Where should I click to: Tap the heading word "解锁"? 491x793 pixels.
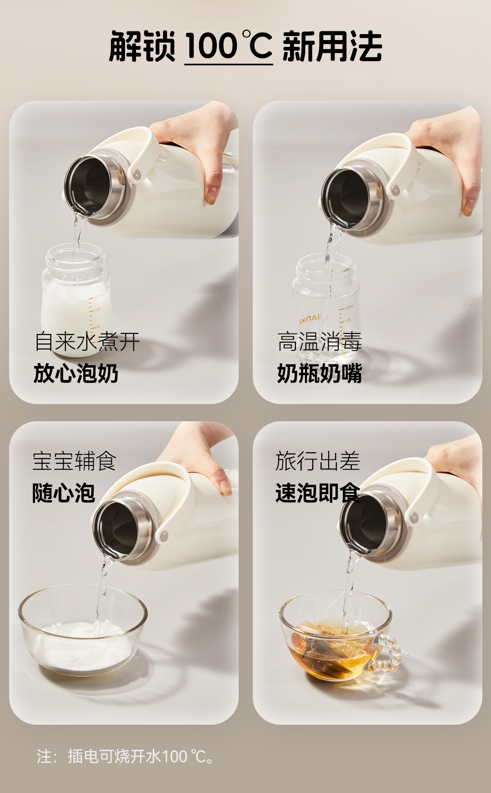click(x=142, y=46)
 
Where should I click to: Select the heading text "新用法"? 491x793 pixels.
click(x=332, y=46)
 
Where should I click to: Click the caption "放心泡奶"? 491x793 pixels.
click(x=76, y=374)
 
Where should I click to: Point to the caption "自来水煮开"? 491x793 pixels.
click(x=87, y=342)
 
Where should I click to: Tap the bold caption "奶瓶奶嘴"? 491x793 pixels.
click(x=320, y=374)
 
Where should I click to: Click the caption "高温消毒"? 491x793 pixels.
click(x=320, y=342)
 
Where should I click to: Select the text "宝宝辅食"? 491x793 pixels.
click(x=75, y=461)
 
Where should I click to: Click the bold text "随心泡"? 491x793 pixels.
click(x=64, y=493)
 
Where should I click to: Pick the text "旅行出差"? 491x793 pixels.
click(x=318, y=461)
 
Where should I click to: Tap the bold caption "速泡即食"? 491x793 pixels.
click(x=318, y=493)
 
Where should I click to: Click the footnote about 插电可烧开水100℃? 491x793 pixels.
click(x=125, y=756)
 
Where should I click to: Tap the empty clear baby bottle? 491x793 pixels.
click(x=325, y=305)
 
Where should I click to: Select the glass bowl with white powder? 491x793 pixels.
click(x=83, y=630)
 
